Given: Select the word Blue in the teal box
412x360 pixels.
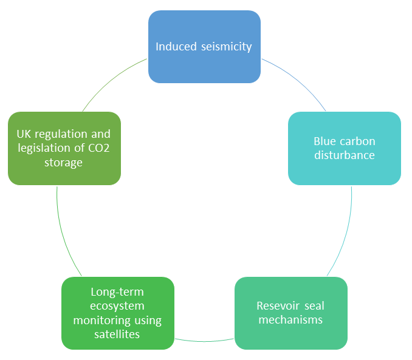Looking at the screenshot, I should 325,141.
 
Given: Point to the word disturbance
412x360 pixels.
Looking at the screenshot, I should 344,155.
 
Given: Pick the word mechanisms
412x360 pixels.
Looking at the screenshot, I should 290,319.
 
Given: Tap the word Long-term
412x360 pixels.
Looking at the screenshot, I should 117,292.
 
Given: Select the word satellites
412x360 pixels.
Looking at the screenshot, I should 117,333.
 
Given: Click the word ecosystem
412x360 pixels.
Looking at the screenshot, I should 117,306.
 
